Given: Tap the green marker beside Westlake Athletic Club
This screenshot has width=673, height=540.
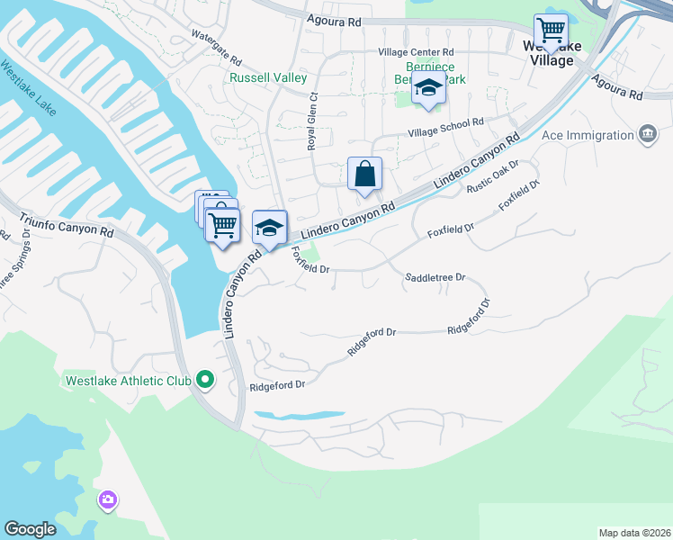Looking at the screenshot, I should (205, 381).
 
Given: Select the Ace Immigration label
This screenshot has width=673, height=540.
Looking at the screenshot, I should (588, 135).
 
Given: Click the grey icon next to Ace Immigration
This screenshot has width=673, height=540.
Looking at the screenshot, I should (646, 135).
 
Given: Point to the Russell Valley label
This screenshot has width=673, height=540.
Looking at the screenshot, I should (268, 78).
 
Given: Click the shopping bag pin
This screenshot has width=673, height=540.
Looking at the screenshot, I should (364, 174).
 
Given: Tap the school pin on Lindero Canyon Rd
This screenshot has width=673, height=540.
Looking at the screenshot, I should (269, 228).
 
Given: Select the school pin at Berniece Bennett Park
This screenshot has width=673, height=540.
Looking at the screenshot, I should (429, 89).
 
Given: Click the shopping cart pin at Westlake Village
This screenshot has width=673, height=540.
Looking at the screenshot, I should (550, 31).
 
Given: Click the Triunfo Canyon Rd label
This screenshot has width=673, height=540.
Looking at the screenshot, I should (68, 226).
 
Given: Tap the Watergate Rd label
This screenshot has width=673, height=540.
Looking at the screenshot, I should (217, 48).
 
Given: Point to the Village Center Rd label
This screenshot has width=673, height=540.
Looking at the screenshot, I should (416, 52).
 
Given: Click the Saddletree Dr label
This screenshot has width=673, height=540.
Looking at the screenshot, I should (435, 278).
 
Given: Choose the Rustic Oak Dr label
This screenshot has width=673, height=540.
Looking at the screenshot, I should (493, 178).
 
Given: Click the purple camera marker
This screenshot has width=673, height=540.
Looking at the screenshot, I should (108, 499).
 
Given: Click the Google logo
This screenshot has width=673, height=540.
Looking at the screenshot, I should (30, 529).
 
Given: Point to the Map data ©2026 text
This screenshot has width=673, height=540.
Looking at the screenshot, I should (633, 533).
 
